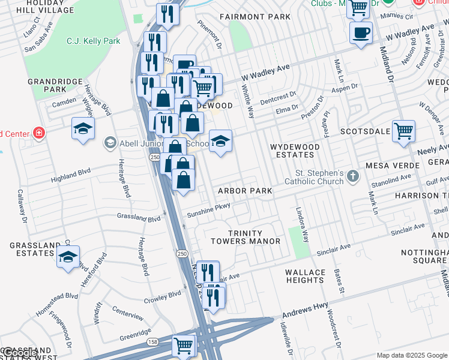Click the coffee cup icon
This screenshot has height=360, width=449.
coord(361,32)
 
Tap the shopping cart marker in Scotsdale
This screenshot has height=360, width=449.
coord(403,131)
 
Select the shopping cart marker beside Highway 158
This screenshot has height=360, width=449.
coord(184,346)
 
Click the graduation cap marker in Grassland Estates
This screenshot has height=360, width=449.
coord(68,258)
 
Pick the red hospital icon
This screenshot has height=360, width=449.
coord(40,133)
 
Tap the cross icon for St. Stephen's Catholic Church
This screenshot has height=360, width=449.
coord(353,176)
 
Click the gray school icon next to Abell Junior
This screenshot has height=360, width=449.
coord(110,143)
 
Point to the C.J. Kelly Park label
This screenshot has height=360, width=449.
coord(94,41)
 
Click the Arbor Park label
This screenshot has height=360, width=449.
coord(245,191)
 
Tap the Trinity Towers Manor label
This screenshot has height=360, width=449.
coord(246,237)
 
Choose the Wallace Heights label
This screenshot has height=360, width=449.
coord(305,276)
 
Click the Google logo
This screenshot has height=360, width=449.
coord(19,353)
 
